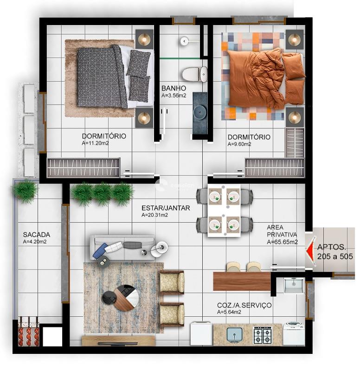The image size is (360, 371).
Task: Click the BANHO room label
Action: click(174, 88)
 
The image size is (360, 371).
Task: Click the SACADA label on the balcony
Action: click(36, 235)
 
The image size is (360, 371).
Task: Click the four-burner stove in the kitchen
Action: click(263, 335)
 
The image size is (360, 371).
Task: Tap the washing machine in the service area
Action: click(294, 333)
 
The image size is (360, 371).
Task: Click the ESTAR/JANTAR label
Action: click(166, 208)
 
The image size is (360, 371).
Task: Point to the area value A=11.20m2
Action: click(95, 144)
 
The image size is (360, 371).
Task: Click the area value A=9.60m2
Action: click(239, 144)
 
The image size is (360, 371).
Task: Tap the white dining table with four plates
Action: click(225, 211)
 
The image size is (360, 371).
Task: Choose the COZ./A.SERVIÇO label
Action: click(244, 306)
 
